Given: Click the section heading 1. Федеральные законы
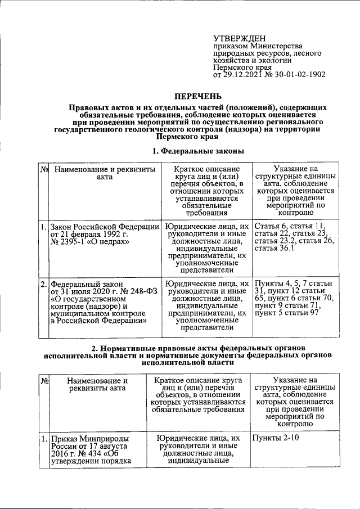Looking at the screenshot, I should (x=190, y=151).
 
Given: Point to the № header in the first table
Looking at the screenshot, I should (x=43, y=169).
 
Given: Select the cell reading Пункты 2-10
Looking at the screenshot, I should (x=275, y=438).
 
